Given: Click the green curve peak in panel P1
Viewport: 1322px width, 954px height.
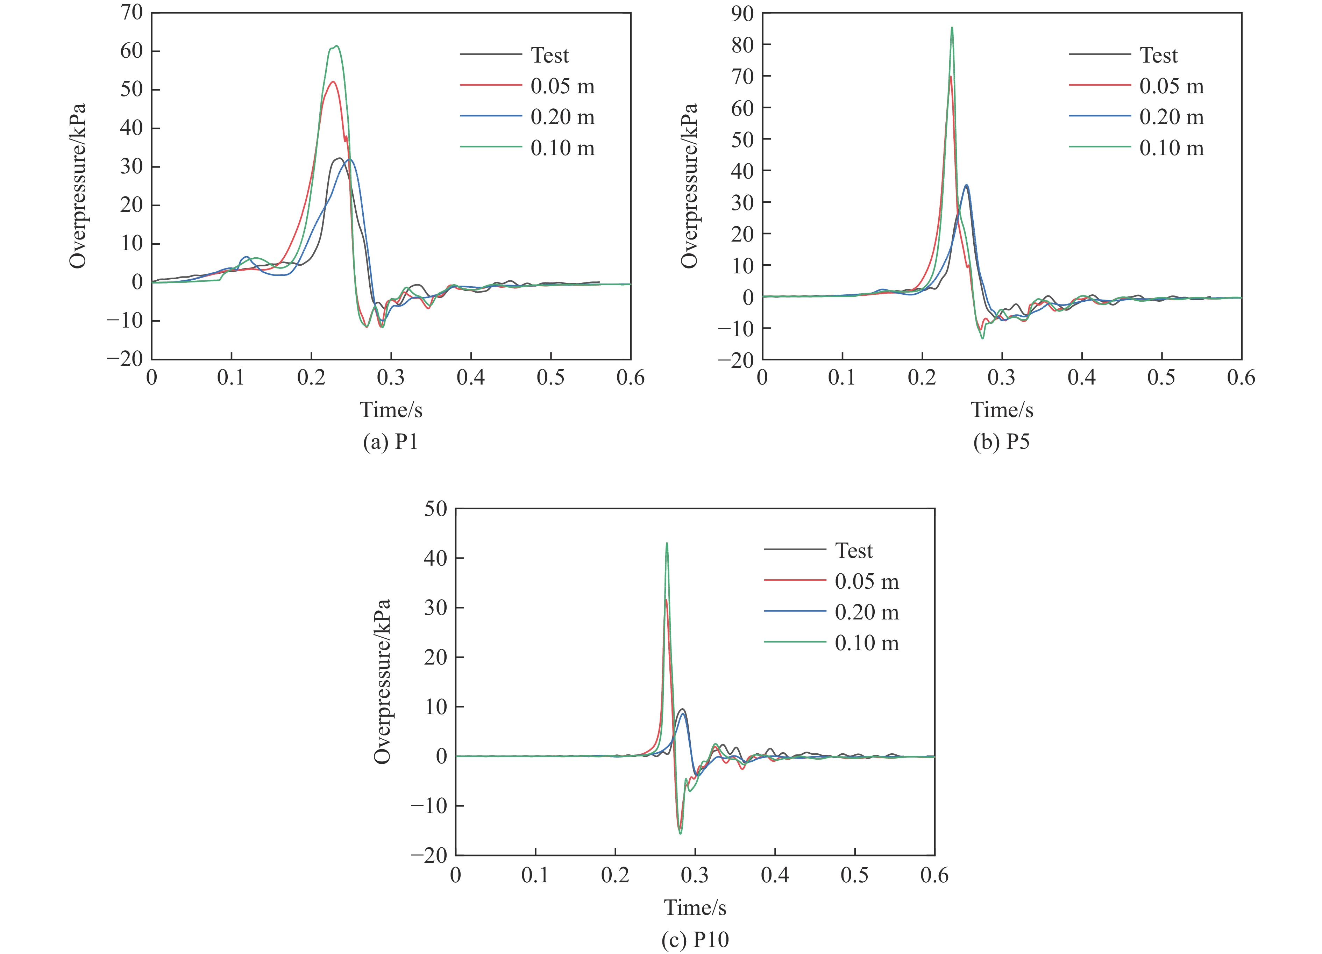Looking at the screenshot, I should [336, 46].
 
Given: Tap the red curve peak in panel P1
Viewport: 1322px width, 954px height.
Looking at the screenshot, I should [333, 81].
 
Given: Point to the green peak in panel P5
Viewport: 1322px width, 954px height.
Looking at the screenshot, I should [952, 28].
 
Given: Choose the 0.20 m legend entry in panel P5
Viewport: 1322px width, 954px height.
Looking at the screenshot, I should [1171, 117].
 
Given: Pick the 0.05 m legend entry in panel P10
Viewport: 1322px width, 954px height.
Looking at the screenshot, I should [866, 581].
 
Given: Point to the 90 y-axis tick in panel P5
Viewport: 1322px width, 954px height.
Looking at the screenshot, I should [742, 13].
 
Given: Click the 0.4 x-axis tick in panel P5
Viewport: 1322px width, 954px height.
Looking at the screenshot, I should [1081, 378].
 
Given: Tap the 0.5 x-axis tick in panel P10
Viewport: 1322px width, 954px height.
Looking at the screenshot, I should [854, 875].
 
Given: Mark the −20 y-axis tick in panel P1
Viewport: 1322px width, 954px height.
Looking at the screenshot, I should [125, 359].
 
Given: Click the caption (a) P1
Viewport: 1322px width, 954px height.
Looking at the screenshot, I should [391, 442].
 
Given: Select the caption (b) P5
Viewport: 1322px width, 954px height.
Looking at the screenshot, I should [1001, 442].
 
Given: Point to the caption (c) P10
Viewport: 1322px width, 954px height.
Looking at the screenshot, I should [695, 939].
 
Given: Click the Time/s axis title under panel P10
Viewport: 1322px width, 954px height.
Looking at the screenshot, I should [695, 908].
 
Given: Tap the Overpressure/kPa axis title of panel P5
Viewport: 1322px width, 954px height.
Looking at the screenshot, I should [690, 185].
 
